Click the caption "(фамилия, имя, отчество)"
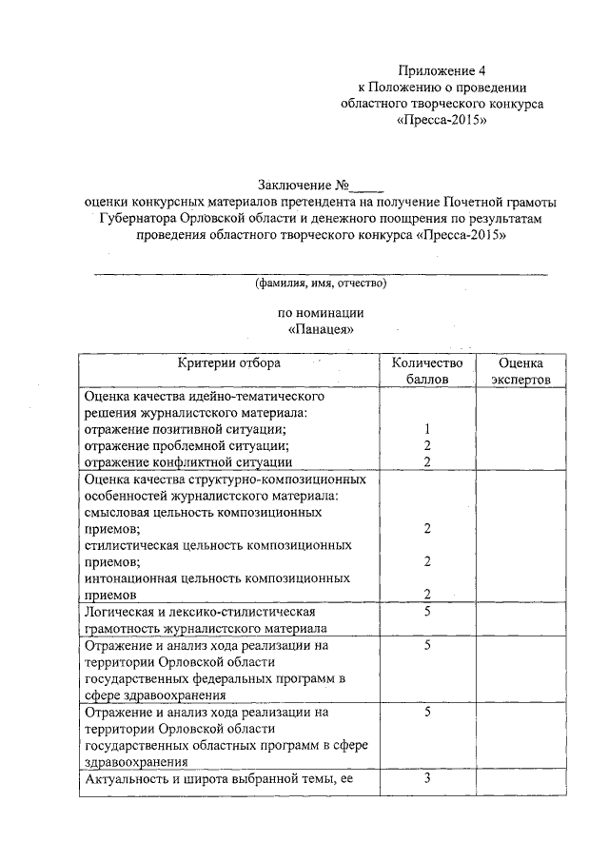click(x=319, y=284)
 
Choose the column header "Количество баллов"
click(x=427, y=370)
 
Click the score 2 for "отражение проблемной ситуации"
click(x=428, y=445)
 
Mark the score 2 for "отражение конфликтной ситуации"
click(x=428, y=461)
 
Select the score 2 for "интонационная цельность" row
click(x=428, y=595)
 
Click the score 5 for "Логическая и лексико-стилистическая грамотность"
click(x=428, y=611)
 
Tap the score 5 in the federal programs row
click(x=428, y=645)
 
